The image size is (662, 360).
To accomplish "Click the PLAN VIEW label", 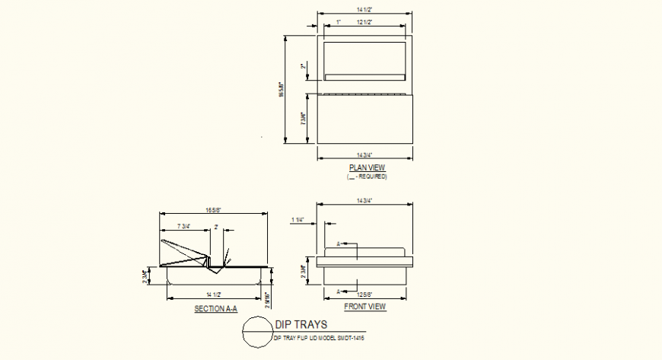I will pos(367,167).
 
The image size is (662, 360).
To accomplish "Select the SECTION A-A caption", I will pos(216,309).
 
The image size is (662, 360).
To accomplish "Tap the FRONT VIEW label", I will pos(365,307).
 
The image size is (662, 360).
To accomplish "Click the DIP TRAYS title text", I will pos(301,325).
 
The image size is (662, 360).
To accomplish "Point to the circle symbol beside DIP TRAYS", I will pos(256,333).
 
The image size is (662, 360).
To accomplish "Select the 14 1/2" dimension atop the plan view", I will pos(364,9).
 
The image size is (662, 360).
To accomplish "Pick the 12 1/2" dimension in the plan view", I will pos(364,23).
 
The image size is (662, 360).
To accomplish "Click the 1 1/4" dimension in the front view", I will pos(298,220).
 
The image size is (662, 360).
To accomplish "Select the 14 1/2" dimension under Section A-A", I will pos(213,294).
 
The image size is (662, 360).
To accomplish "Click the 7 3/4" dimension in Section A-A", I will pos(183,227).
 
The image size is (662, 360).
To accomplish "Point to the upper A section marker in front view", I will pos(339,244).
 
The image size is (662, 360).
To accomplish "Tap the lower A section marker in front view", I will pos(339,291).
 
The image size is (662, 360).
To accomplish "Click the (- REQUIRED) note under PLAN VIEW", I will pos(367,177).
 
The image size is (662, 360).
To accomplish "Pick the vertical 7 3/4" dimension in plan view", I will pos(304,119).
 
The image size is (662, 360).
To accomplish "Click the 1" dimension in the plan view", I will pos(339,23).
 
